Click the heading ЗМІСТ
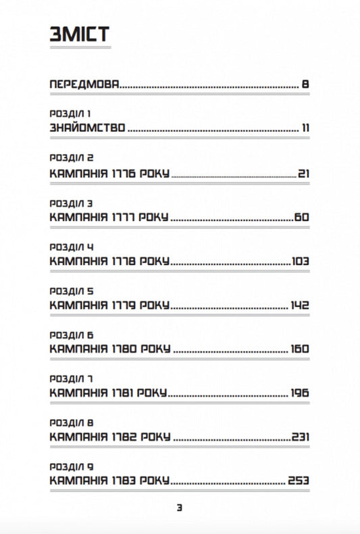80,35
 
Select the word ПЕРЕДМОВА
84,85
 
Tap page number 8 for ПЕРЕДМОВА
305,85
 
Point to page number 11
305,128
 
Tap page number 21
303,174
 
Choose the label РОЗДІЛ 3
72,203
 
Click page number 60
301,218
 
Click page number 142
300,306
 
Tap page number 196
300,393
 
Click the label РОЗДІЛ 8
72,422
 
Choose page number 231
301,437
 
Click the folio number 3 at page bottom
180,508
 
